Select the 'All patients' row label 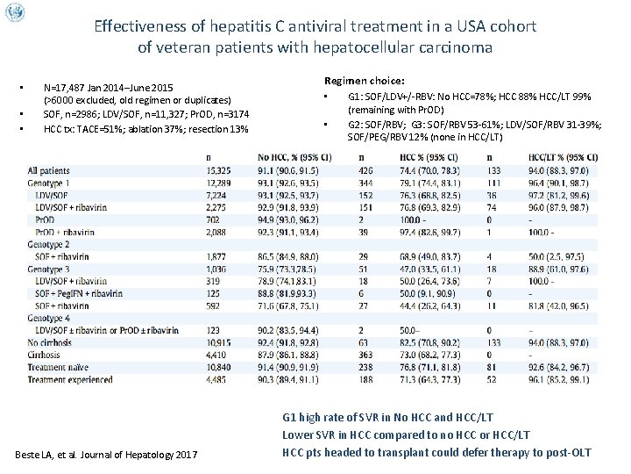49,169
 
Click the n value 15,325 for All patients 218,169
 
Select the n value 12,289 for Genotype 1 218,180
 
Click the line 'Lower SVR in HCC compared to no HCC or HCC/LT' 406,434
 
